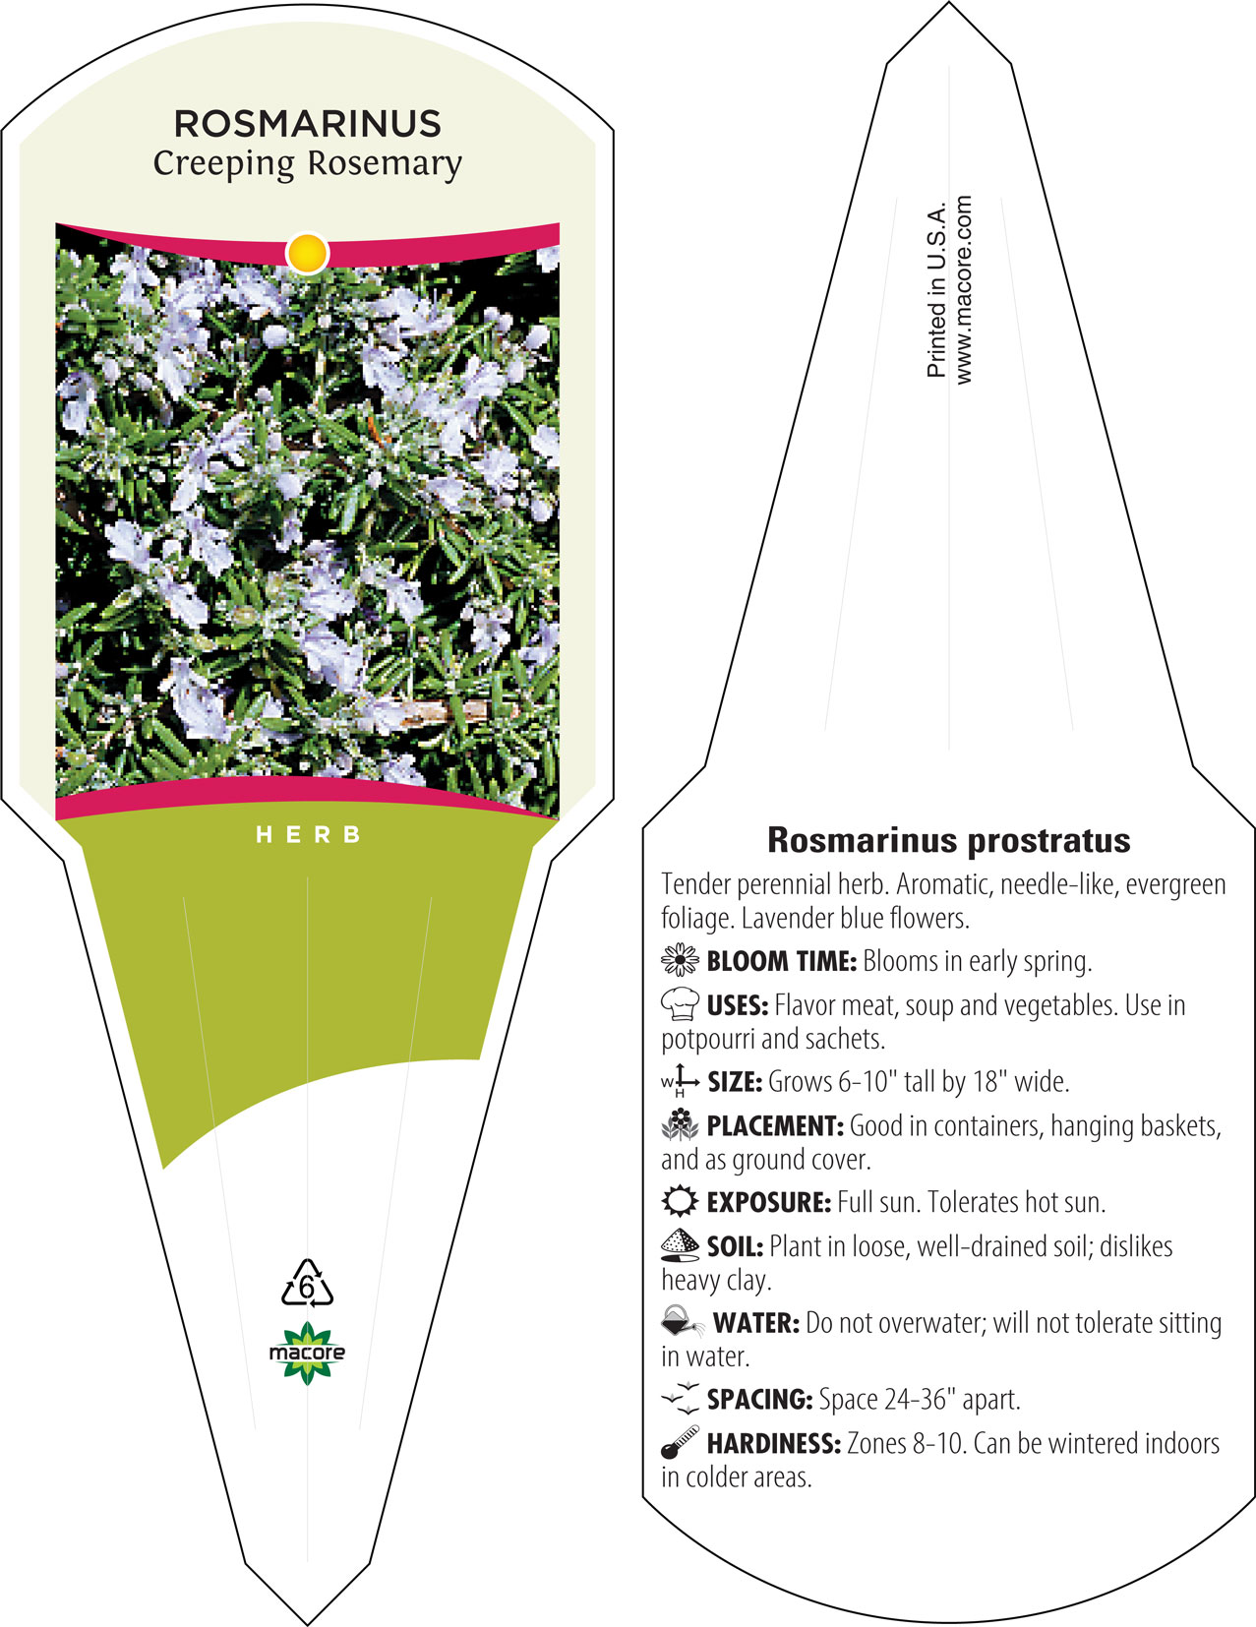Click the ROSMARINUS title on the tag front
(307, 124)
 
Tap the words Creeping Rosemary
(308, 164)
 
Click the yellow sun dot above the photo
(308, 253)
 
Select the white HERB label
(309, 835)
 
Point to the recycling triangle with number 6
(307, 1284)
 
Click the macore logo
(307, 1353)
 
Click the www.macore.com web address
(964, 290)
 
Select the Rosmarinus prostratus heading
(948, 840)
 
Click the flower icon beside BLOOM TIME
(680, 960)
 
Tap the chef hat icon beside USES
(680, 1003)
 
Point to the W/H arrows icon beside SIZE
(680, 1080)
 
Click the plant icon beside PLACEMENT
(680, 1124)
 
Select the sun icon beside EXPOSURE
(680, 1201)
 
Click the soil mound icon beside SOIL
(680, 1245)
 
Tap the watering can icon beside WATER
(683, 1321)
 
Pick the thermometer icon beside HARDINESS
(680, 1442)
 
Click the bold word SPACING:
(759, 1399)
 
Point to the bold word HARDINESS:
(774, 1443)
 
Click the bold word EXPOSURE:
(769, 1202)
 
